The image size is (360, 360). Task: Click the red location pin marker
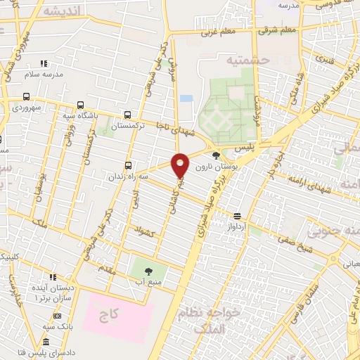click(x=180, y=165)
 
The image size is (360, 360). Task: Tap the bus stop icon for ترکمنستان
click(x=127, y=115)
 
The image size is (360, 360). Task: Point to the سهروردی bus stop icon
click(x=27, y=97)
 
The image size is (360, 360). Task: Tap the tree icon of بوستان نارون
click(x=215, y=155)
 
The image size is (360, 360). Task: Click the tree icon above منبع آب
click(x=148, y=271)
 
